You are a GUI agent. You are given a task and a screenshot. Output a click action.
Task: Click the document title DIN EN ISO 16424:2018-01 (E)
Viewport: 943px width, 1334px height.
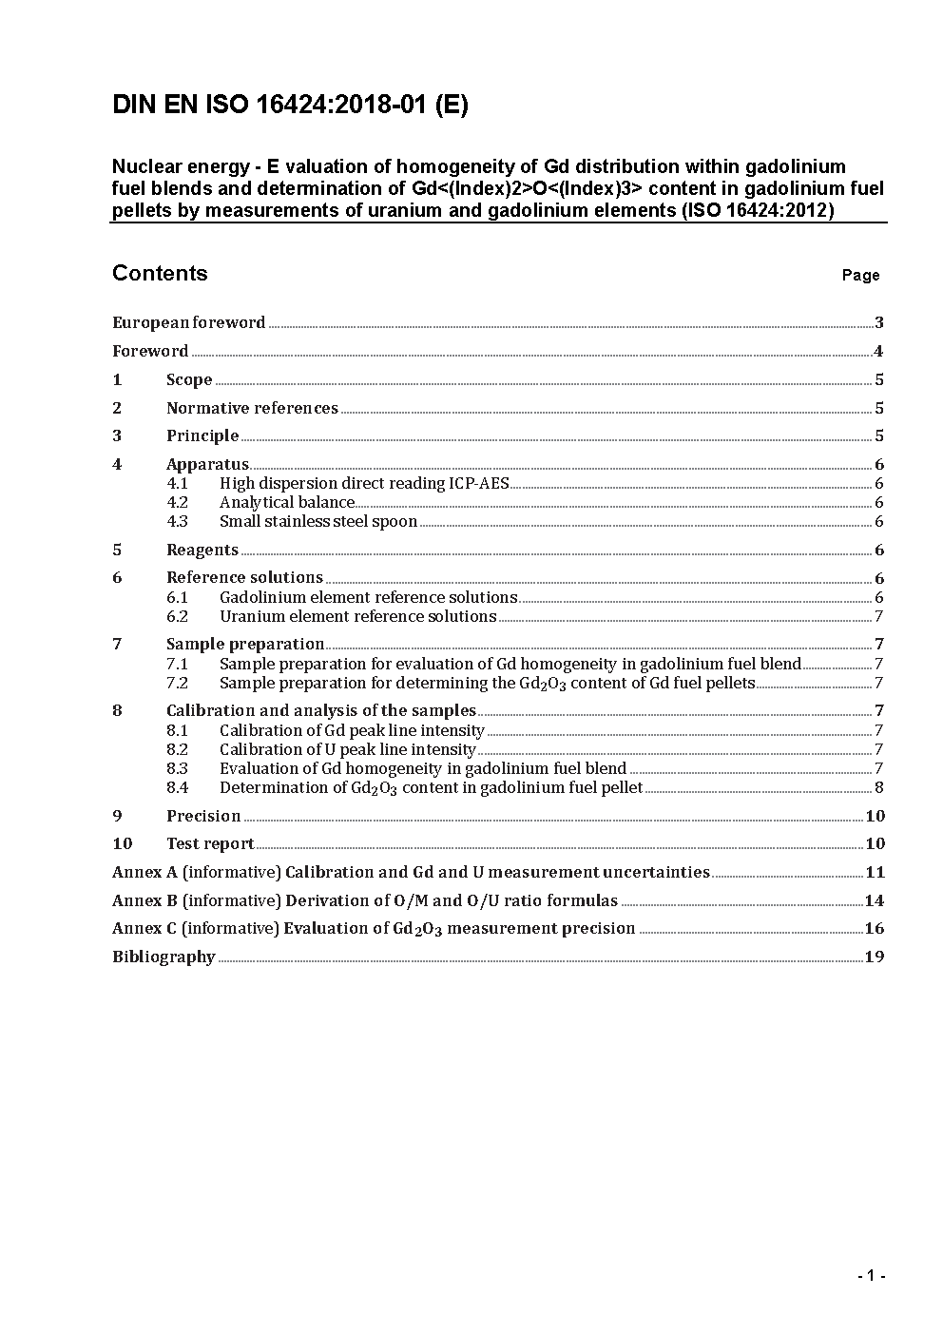(290, 105)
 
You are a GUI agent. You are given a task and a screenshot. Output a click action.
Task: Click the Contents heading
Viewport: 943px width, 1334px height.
(160, 274)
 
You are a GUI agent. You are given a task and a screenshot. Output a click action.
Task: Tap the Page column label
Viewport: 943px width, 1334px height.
(860, 276)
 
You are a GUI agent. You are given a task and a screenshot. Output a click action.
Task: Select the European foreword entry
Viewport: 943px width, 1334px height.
(188, 322)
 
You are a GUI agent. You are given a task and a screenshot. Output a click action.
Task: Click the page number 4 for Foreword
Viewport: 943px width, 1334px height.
(878, 351)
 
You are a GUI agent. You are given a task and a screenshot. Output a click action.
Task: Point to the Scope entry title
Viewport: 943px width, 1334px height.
(189, 379)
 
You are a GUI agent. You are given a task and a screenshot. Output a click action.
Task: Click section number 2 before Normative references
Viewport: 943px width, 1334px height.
(117, 408)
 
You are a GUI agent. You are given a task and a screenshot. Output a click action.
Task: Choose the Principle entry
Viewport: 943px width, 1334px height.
(202, 435)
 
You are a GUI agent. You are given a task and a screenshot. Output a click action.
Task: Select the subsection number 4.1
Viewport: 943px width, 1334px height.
(178, 483)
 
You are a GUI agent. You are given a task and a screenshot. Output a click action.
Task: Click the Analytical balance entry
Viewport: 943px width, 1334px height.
(287, 502)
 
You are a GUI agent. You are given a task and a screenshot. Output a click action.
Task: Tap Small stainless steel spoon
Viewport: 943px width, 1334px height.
(318, 521)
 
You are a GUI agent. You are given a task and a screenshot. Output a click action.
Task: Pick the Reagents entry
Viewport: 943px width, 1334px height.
(202, 550)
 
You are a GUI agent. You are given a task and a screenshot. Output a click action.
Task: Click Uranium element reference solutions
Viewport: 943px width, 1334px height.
(357, 616)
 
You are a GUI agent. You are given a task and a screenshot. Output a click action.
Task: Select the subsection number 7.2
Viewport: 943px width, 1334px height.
(178, 683)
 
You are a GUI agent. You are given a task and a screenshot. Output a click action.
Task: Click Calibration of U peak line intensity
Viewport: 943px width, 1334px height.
(347, 749)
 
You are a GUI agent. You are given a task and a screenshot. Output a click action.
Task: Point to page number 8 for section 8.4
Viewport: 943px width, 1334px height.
(878, 787)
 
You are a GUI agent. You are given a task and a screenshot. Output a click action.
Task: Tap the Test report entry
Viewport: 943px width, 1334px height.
(210, 843)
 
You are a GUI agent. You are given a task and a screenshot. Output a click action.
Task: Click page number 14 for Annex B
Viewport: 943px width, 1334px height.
(875, 900)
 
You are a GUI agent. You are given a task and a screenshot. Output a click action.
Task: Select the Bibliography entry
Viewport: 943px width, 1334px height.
(164, 957)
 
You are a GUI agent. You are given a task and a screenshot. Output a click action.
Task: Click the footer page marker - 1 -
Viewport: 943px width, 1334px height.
(871, 1276)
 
